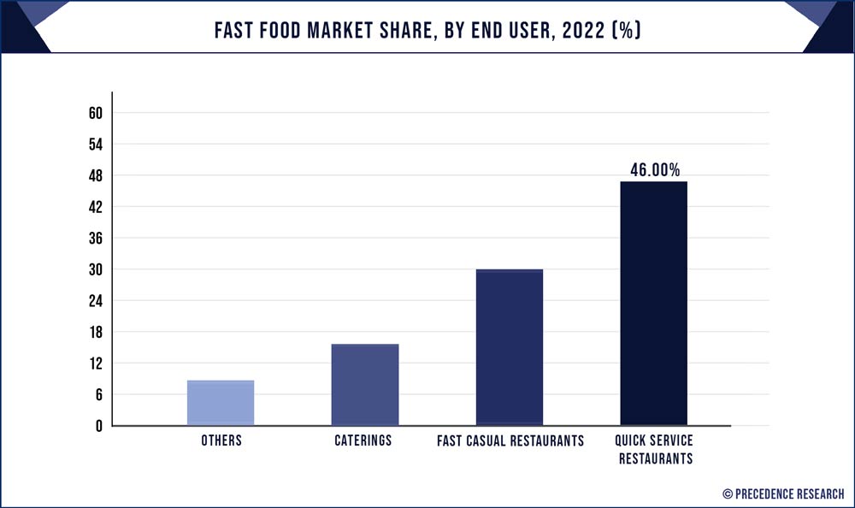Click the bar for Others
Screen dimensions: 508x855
pyautogui.click(x=221, y=403)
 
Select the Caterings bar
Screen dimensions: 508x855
pyautogui.click(x=365, y=385)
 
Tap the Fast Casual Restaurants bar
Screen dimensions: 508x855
pyautogui.click(x=510, y=347)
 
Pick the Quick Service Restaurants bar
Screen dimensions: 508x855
pyautogui.click(x=653, y=304)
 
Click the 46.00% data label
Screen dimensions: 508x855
pyautogui.click(x=655, y=170)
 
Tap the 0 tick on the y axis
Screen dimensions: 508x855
pyautogui.click(x=98, y=426)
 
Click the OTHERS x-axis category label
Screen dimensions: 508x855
pyautogui.click(x=221, y=441)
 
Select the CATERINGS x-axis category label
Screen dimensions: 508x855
pyautogui.click(x=364, y=441)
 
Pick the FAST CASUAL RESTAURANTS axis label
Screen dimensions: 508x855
pyautogui.click(x=510, y=441)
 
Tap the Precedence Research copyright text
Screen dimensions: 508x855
pyautogui.click(x=783, y=493)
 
